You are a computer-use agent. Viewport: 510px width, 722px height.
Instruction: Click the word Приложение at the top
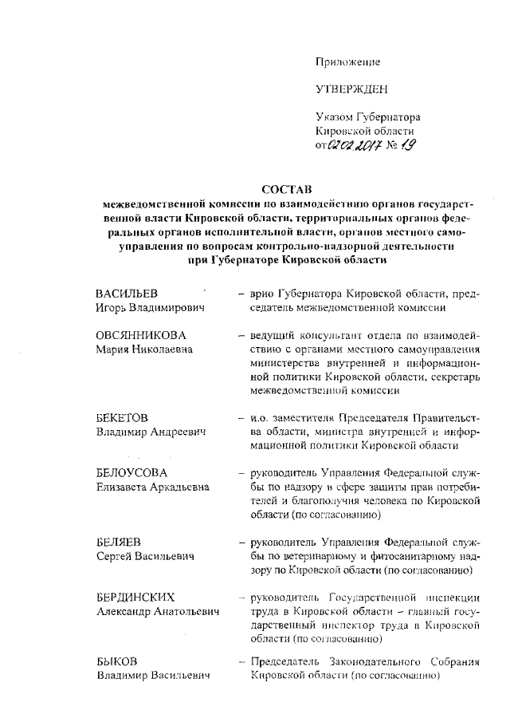pos(348,61)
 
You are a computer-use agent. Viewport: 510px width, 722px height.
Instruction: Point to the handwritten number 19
pos(406,144)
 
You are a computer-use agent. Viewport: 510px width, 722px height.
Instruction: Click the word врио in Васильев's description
pos(262,295)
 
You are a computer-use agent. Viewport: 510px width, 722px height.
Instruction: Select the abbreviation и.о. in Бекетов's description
pos(261,418)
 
